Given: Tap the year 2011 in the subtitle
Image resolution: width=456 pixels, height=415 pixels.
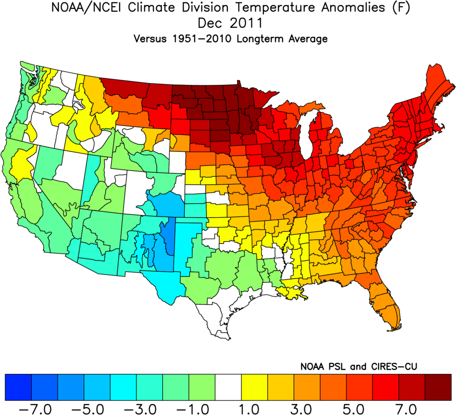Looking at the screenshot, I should [x=246, y=23].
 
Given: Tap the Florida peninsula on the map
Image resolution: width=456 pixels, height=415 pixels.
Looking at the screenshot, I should [x=389, y=308].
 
